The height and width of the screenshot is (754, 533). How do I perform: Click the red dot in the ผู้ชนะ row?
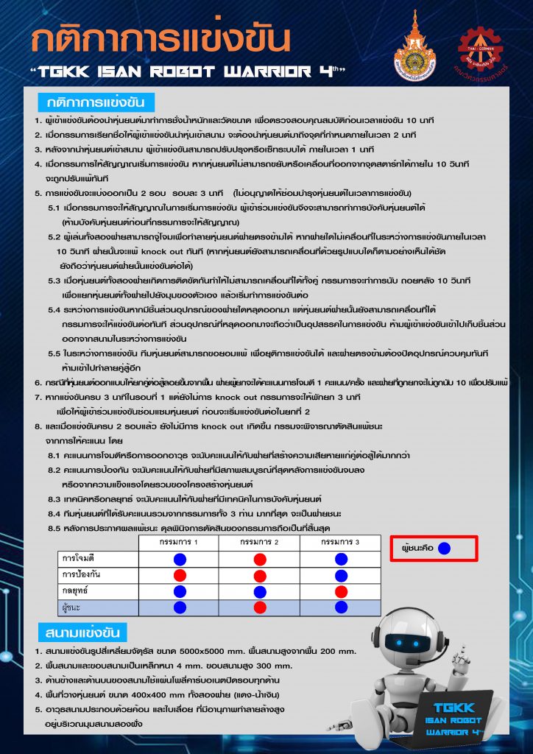pos(260,607)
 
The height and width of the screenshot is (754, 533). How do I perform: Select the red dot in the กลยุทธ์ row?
pos(340,591)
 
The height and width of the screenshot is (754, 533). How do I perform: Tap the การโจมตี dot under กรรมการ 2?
pos(260,560)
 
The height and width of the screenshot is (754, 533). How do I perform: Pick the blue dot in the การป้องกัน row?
pos(340,575)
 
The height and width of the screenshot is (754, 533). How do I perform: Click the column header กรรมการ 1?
pos(179,543)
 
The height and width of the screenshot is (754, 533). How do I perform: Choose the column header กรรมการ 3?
pos(340,543)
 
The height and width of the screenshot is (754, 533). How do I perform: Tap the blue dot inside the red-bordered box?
pos(453,549)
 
